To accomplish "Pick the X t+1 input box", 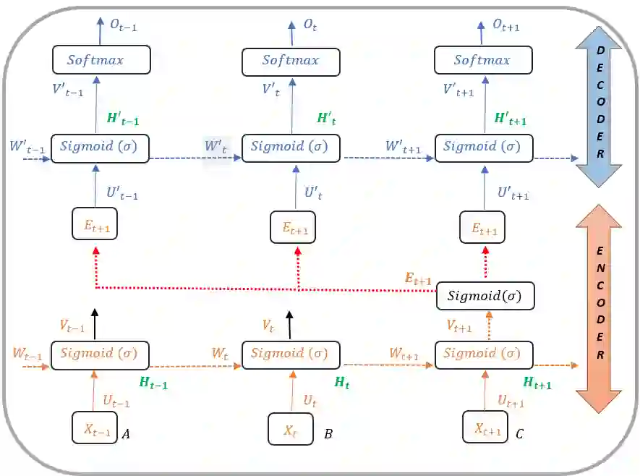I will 485,429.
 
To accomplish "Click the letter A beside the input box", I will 127,434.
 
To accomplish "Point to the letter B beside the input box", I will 328,434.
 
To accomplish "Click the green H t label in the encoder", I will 342,384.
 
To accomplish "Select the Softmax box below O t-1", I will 101,59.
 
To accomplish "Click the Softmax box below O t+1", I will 483,59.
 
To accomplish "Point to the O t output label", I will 310,25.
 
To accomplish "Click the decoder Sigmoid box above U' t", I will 291,147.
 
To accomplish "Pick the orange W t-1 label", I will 27,354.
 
